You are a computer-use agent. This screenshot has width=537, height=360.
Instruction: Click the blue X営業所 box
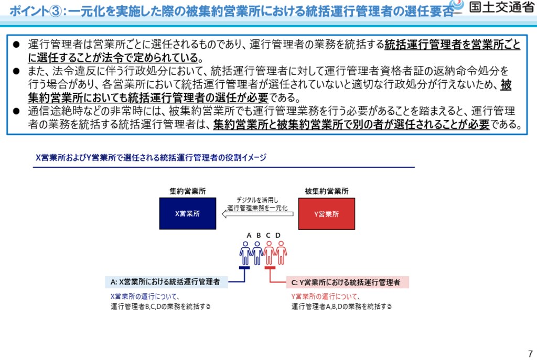(187, 213)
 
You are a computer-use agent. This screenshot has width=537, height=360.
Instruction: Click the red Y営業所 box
(326, 213)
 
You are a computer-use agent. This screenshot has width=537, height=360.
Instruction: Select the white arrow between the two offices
(257, 213)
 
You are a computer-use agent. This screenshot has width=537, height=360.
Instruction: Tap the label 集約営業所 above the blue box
(187, 191)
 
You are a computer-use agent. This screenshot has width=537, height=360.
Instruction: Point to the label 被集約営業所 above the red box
(326, 191)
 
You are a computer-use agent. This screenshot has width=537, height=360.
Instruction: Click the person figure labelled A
(245, 253)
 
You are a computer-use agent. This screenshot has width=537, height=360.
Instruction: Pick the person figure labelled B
(257, 253)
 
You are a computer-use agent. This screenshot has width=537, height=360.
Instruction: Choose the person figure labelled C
(269, 253)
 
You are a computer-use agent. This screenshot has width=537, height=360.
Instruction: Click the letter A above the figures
(250, 235)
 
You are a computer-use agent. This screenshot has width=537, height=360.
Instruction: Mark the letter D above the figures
(278, 235)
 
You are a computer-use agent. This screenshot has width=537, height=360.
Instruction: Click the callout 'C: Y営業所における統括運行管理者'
(347, 282)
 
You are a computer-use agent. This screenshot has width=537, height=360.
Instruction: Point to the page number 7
(530, 353)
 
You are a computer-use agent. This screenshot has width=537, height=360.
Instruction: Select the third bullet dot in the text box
(16, 111)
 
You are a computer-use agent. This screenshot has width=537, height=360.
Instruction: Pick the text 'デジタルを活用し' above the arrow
(257, 200)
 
